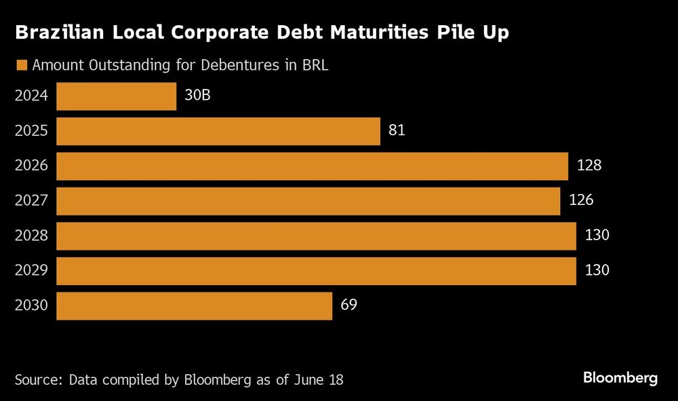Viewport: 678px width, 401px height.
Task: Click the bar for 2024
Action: point(116,96)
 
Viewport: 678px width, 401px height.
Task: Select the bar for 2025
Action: point(218,131)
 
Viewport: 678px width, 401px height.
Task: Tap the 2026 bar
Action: point(312,166)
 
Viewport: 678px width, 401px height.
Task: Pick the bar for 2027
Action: point(308,202)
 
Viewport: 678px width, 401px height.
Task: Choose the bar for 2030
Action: point(194,306)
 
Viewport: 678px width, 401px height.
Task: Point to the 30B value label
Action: point(197,95)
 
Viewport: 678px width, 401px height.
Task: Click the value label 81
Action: point(397,130)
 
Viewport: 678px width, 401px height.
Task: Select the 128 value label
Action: point(589,166)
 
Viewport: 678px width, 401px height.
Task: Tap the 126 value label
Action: point(581,201)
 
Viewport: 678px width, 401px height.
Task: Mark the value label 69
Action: point(348,305)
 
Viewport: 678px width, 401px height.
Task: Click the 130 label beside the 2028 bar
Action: point(597,235)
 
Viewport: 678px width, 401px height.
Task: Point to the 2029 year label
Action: point(31,271)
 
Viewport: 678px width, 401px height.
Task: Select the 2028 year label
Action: point(31,235)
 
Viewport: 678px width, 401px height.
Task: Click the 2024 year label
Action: point(31,96)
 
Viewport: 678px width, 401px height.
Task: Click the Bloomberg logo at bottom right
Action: point(620,379)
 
